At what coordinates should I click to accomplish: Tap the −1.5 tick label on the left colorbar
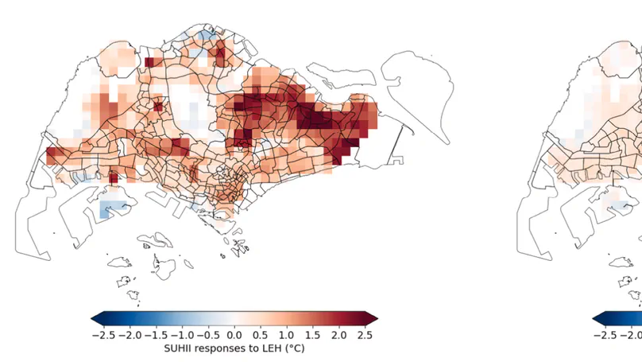click(x=155, y=335)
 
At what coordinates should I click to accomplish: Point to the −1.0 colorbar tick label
click(x=182, y=335)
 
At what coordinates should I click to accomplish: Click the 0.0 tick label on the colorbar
click(x=234, y=335)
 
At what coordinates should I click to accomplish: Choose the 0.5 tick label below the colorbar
click(x=261, y=335)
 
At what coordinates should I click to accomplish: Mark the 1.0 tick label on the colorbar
click(x=287, y=335)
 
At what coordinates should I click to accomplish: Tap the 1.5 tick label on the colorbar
click(x=313, y=335)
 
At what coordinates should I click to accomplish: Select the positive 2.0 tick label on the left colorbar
click(x=339, y=335)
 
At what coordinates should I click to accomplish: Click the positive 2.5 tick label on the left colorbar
click(x=365, y=335)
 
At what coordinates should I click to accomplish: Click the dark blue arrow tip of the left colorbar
click(x=96, y=318)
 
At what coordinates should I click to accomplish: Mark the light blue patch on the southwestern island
click(x=114, y=209)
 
